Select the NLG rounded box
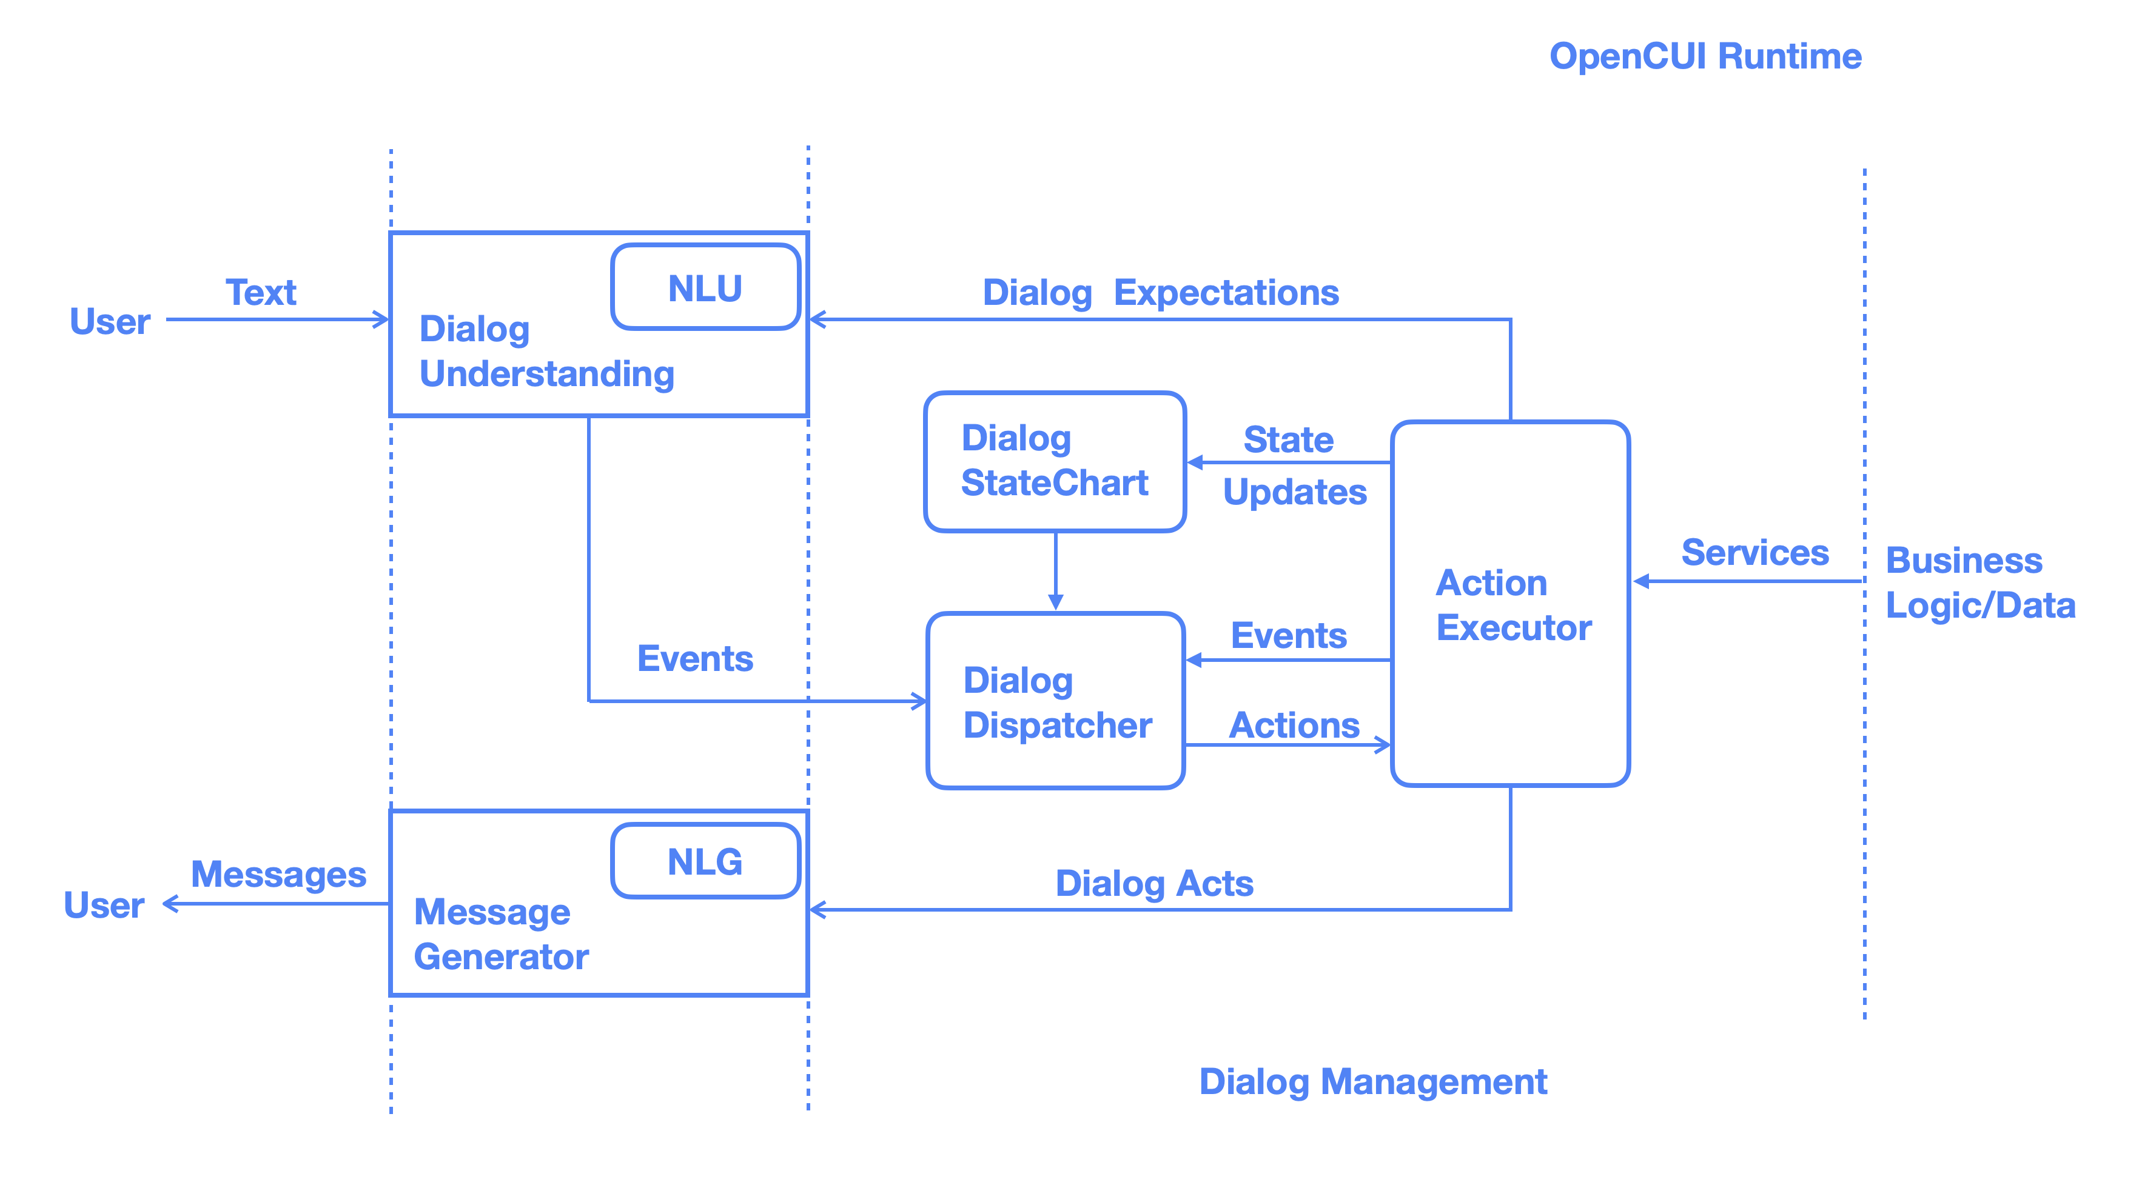(705, 861)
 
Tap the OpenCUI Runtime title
(1705, 56)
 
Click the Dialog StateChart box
(1055, 461)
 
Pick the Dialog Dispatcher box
(1055, 702)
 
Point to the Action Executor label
(1512, 606)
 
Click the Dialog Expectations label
(1160, 293)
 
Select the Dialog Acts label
(1153, 883)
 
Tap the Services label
(1754, 553)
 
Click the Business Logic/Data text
(1979, 582)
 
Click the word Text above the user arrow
(260, 293)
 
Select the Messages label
(278, 875)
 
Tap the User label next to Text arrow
(109, 322)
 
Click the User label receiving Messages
(104, 906)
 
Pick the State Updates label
(1293, 466)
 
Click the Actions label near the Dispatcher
(1294, 725)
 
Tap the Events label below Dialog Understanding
(694, 658)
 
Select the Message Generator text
(500, 935)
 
